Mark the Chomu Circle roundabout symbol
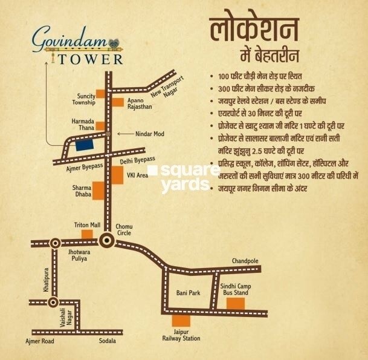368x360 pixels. click(x=108, y=241)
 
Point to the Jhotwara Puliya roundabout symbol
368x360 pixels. click(x=55, y=243)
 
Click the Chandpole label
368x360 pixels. click(x=245, y=261)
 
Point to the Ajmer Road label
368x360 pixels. click(x=40, y=342)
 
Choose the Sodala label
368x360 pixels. click(x=109, y=342)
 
